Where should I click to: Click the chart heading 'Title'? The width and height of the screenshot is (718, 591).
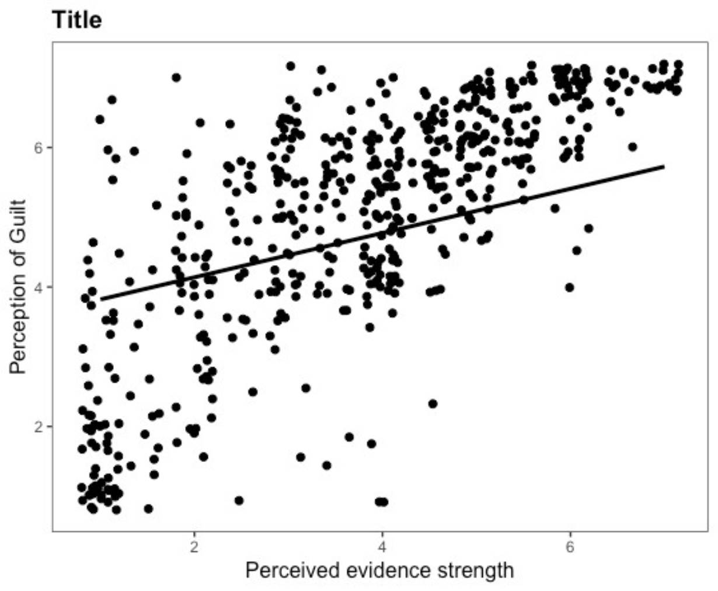(76, 20)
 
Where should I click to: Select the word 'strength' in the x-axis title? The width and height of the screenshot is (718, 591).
(476, 571)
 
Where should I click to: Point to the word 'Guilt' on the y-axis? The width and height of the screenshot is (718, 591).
(19, 220)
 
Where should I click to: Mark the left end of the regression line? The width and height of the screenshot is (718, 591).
(101, 300)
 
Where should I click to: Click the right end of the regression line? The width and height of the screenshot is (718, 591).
(664, 166)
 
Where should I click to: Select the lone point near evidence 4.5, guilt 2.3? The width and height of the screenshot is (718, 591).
(433, 404)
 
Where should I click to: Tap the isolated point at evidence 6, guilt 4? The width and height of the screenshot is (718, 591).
(570, 287)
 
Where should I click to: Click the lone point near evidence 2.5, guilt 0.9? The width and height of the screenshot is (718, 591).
(239, 500)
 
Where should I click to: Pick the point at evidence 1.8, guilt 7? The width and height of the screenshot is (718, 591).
(176, 78)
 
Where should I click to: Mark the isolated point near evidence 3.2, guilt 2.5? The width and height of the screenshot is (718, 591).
(306, 388)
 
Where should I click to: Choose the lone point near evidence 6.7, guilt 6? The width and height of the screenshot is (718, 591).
(633, 147)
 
